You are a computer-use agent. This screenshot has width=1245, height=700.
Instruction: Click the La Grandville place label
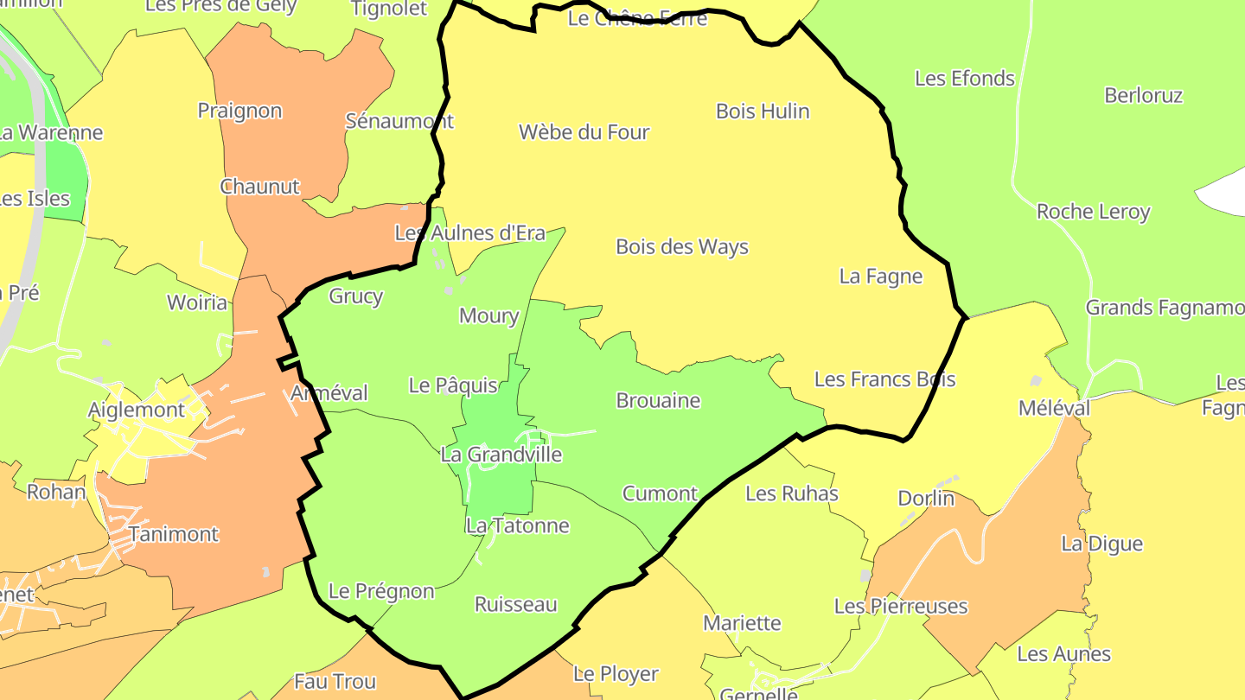501,455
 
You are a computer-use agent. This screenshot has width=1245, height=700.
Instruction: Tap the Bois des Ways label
681,247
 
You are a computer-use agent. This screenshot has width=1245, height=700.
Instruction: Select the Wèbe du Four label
584,132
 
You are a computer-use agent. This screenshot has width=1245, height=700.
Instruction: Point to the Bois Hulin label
763,111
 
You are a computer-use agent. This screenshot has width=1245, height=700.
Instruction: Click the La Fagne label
881,277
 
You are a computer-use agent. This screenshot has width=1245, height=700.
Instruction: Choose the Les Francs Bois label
884,379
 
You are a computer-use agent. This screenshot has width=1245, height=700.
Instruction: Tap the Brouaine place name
658,401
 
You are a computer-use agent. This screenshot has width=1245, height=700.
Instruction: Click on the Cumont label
660,494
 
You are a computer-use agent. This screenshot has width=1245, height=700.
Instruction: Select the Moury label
488,316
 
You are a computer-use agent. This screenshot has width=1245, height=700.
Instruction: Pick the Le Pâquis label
453,385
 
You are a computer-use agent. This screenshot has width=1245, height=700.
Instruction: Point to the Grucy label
355,296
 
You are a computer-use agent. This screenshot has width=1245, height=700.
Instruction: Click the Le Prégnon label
381,592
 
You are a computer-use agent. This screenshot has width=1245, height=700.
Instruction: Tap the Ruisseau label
516,605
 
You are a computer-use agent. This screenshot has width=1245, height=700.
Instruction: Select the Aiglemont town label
137,410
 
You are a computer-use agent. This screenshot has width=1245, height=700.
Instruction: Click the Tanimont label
174,535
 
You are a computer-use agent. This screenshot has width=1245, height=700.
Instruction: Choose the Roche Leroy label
1093,212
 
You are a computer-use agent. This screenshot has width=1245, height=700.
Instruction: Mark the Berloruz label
1143,96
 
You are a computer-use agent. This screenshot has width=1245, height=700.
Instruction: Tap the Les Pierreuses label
901,607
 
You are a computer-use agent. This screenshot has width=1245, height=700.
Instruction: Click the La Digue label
1101,544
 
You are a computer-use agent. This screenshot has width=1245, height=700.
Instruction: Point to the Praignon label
239,111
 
